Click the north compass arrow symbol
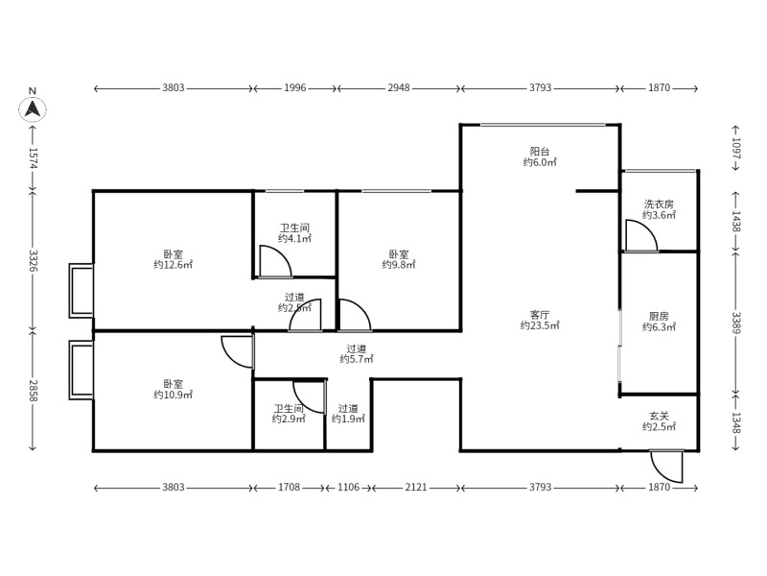[33, 108]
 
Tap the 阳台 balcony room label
[540, 151]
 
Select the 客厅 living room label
[540, 314]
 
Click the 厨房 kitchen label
[659, 315]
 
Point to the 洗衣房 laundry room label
[659, 204]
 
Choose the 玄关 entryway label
[659, 415]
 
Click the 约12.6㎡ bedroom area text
[174, 265]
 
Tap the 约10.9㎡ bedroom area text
[174, 395]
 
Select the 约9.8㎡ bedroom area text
[398, 265]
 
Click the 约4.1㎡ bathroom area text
[294, 238]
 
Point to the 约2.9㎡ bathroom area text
[288, 420]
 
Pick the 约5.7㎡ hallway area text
[356, 359]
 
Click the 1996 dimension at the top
[294, 88]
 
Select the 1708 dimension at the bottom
[289, 488]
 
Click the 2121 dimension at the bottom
[415, 488]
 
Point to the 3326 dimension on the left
[33, 260]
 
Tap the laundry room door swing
[639, 236]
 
